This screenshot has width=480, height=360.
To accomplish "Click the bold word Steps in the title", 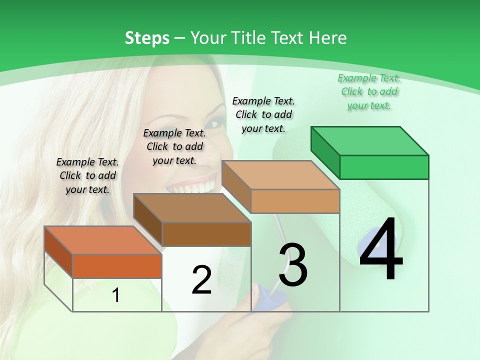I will click(x=147, y=38).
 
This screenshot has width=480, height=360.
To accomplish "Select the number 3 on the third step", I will click(x=293, y=265).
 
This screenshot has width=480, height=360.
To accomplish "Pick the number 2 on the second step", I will click(x=201, y=280).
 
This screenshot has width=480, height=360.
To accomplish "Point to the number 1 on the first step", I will click(x=116, y=295).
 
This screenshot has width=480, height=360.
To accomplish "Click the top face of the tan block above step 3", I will click(x=280, y=175).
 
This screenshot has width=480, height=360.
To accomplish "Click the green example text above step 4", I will click(x=369, y=92).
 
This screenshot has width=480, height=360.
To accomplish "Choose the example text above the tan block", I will click(x=263, y=114).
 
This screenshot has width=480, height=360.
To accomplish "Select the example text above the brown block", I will click(x=174, y=146).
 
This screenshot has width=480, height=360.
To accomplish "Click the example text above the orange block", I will click(x=87, y=175).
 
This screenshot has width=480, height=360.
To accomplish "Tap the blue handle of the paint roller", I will click(x=272, y=295).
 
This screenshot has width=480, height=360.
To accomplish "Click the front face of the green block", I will click(x=384, y=167).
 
